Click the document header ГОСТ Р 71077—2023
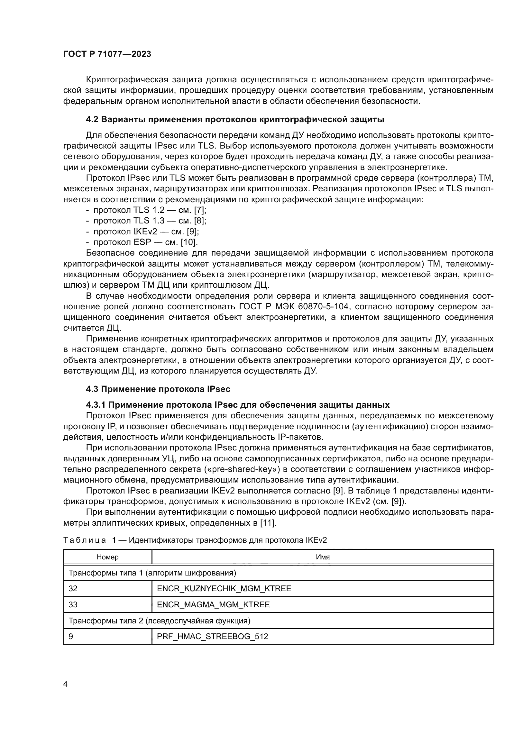(x=107, y=54)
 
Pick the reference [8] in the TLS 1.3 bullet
(x=200, y=221)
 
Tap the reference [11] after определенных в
(x=268, y=523)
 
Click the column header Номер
(x=107, y=557)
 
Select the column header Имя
(x=323, y=557)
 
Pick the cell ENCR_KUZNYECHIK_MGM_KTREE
(x=224, y=589)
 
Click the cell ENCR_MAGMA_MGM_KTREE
(x=213, y=605)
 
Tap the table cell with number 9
(x=71, y=636)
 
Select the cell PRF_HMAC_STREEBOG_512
(x=212, y=636)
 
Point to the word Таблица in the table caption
(x=85, y=540)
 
